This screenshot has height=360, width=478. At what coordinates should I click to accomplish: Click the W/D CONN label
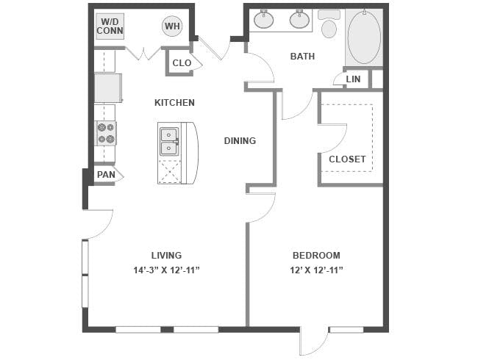click(110, 26)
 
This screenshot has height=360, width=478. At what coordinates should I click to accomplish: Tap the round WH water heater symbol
click(172, 26)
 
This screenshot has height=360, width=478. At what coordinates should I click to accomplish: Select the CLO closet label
click(182, 63)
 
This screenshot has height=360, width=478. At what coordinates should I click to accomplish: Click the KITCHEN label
click(174, 103)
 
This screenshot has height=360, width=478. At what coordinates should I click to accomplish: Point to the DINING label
click(240, 141)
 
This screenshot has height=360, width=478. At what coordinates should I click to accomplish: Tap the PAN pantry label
click(106, 175)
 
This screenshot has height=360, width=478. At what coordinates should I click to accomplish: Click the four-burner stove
click(107, 134)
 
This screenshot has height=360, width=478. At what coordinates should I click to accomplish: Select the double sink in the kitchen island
click(168, 142)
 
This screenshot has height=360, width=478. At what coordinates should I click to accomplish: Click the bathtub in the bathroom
click(364, 37)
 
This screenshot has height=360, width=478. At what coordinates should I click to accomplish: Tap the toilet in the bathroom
click(329, 24)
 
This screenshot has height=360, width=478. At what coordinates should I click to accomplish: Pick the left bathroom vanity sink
click(264, 19)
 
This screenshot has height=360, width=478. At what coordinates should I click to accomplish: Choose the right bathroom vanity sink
click(299, 19)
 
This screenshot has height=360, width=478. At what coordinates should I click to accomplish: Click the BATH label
click(302, 57)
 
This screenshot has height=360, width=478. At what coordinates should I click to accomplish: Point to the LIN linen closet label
click(353, 79)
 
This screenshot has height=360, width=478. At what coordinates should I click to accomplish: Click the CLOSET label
click(347, 159)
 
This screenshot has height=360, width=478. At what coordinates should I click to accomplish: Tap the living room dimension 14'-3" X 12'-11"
click(166, 270)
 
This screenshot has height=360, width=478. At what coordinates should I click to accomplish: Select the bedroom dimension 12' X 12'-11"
click(316, 270)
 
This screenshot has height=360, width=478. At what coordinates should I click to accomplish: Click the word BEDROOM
click(316, 255)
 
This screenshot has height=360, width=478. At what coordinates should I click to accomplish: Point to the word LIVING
click(166, 255)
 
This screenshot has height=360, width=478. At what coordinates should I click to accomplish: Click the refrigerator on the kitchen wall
click(108, 88)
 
